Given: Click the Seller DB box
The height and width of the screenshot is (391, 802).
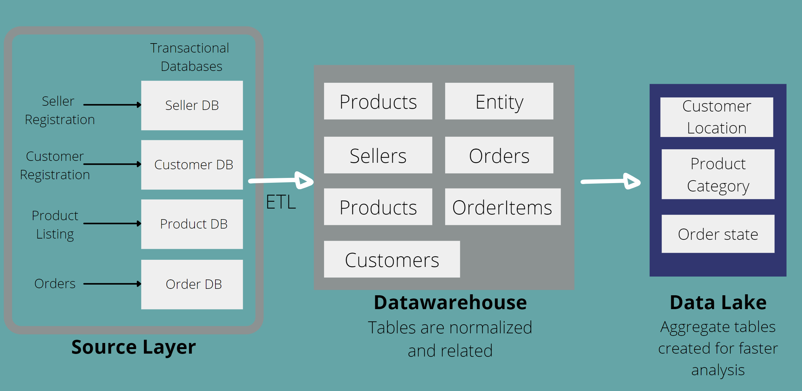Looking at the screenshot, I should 192,105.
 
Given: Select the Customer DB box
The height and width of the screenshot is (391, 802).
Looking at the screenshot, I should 192,165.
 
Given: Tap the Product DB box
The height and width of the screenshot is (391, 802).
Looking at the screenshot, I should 192,224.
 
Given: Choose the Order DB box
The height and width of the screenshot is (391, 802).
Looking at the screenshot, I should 192,284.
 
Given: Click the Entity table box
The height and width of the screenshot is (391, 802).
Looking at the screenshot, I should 499,101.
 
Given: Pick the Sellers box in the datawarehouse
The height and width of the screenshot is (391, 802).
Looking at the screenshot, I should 378,155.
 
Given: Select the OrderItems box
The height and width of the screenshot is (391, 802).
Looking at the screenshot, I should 502,207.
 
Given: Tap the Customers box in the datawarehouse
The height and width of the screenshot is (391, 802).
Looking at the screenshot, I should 392,259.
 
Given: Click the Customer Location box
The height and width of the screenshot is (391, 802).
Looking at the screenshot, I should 716,117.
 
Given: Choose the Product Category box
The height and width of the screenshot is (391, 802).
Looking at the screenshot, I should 718,174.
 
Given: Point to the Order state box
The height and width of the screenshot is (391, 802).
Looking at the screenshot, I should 718,234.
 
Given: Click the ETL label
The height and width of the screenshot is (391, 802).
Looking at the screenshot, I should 281,202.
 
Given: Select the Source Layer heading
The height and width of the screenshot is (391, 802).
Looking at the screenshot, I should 133,347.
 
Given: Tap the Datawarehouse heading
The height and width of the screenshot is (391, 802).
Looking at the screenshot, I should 450,302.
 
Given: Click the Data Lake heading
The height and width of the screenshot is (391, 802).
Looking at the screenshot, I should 718,302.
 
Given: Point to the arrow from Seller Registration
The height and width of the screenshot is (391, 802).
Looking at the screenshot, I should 112,105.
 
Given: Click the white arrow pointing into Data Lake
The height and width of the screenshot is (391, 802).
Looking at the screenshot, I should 610,182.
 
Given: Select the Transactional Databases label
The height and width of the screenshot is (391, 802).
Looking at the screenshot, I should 190,57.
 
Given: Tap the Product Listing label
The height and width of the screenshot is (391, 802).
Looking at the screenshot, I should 55,224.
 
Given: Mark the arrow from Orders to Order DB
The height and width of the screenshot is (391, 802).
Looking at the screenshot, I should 112,284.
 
